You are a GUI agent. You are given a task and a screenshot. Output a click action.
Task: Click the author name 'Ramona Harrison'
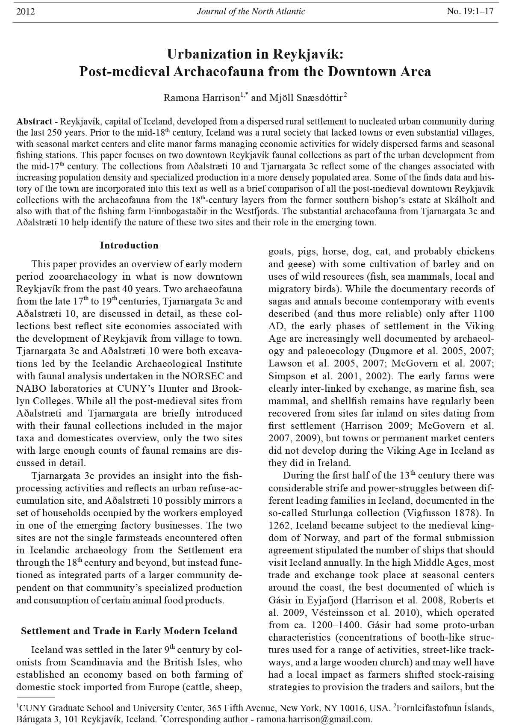coord(201,98)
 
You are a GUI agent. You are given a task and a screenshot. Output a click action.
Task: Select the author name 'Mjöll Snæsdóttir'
coord(305,98)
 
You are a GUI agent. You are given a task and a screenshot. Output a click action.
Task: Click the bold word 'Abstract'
coord(31,121)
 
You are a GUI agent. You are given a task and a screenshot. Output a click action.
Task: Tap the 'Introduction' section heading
coord(129,245)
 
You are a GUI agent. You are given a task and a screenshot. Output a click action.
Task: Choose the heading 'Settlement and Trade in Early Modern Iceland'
coord(129,631)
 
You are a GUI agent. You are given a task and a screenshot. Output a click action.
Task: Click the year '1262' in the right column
coord(279,525)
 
